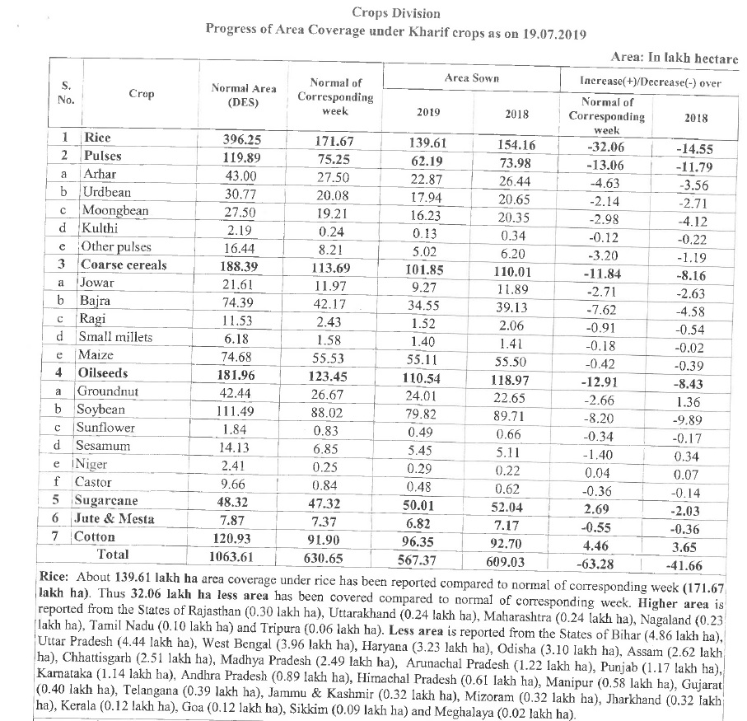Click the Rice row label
(x=97, y=138)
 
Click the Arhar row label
(x=100, y=174)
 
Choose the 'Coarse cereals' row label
(x=124, y=265)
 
